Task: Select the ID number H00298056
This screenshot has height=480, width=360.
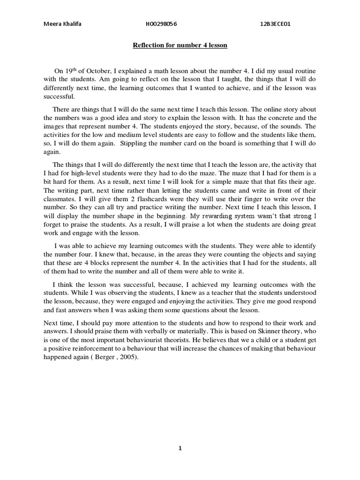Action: pos(162,24)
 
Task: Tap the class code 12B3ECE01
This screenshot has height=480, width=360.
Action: pos(276,24)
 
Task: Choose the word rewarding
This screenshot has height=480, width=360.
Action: pos(227,216)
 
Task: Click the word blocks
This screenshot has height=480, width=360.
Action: pos(96,263)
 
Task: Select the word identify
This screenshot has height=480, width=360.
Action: pos(302,246)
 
